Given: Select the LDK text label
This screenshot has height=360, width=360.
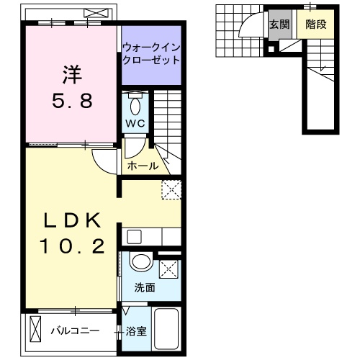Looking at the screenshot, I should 71,220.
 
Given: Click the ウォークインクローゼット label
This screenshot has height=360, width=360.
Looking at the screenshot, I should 150,54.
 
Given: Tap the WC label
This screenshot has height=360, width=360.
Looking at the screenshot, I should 136,123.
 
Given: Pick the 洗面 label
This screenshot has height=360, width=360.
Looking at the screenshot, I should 145,288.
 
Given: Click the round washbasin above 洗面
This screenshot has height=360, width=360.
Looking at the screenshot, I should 142,264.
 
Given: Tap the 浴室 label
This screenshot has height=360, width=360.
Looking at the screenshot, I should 137,332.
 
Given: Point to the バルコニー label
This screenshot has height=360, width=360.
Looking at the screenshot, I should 77,332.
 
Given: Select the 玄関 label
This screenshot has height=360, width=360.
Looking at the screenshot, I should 280,24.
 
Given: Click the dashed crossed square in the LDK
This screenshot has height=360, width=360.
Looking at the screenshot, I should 171,189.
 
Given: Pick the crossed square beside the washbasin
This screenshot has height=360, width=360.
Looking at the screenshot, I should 168,269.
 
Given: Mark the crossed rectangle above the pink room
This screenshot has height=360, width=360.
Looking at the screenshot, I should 94,13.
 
